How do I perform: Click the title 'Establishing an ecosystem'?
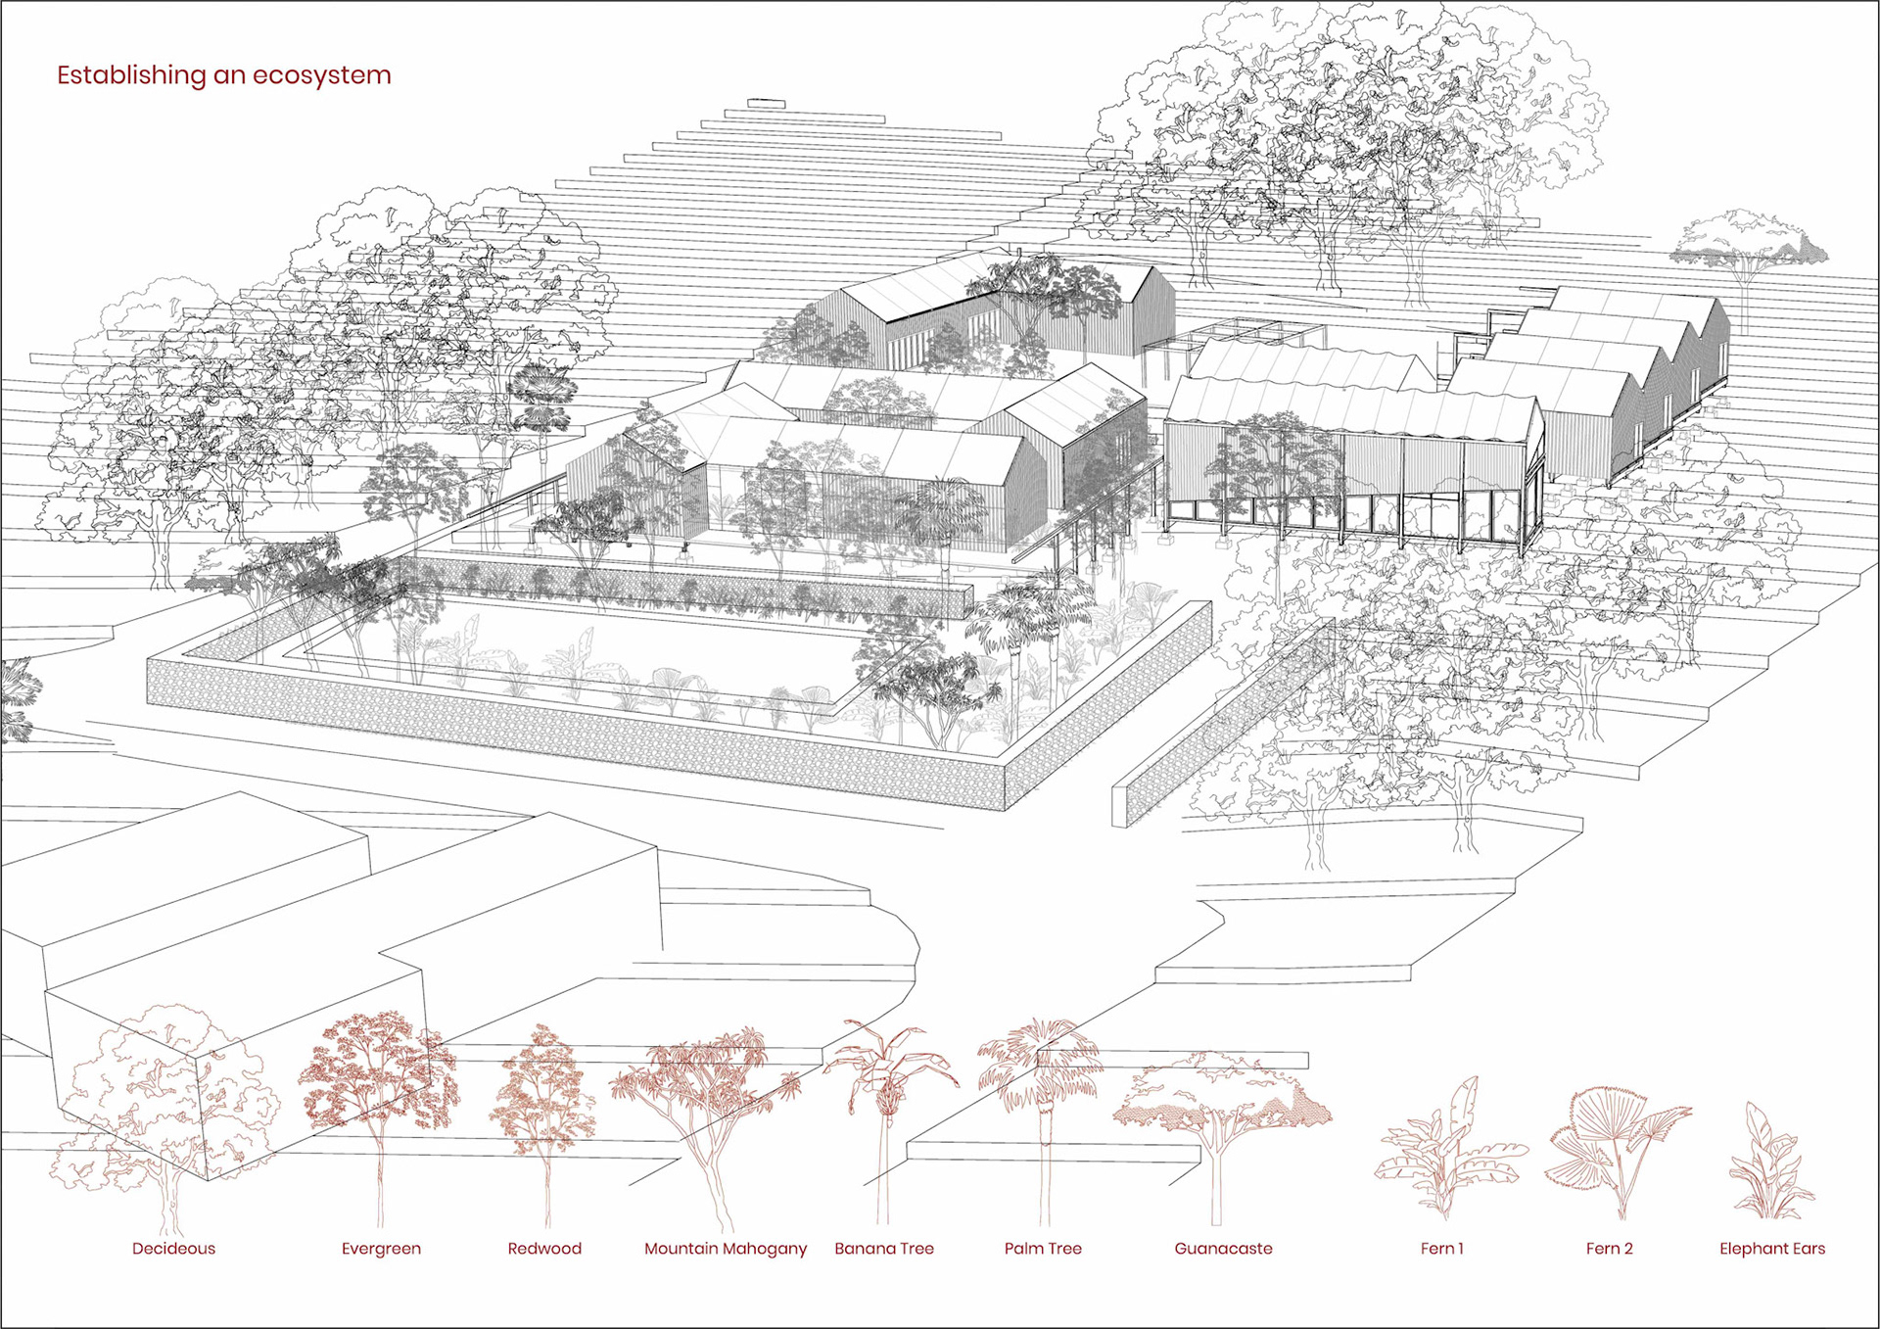[223, 75]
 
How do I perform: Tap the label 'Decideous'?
[173, 1249]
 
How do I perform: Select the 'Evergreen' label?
[381, 1249]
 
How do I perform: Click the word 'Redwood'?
[544, 1249]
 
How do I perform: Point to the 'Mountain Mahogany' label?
[726, 1249]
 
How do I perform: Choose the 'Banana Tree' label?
[884, 1249]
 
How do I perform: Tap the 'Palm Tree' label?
[1043, 1249]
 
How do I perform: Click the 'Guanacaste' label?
[1223, 1249]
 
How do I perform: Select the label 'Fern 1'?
[1441, 1249]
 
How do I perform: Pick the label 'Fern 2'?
[1609, 1249]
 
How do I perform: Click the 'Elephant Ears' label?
[1772, 1249]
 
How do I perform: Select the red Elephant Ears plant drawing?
[1769, 1165]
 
